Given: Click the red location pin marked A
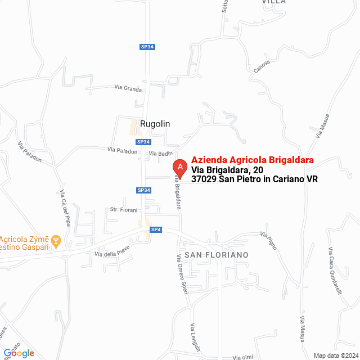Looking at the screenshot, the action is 179,168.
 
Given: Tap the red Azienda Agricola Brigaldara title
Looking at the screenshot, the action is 252,160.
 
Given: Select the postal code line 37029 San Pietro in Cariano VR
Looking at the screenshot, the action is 254,179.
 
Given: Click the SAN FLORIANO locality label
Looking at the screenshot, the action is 216,255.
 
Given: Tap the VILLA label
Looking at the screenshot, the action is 274,2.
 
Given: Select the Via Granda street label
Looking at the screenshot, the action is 128,88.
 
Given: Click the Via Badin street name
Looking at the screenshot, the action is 160,154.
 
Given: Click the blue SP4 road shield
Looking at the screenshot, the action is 156,229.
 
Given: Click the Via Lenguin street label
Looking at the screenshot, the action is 195,337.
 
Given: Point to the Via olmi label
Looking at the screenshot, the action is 244,357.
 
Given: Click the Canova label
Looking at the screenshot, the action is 262,66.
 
